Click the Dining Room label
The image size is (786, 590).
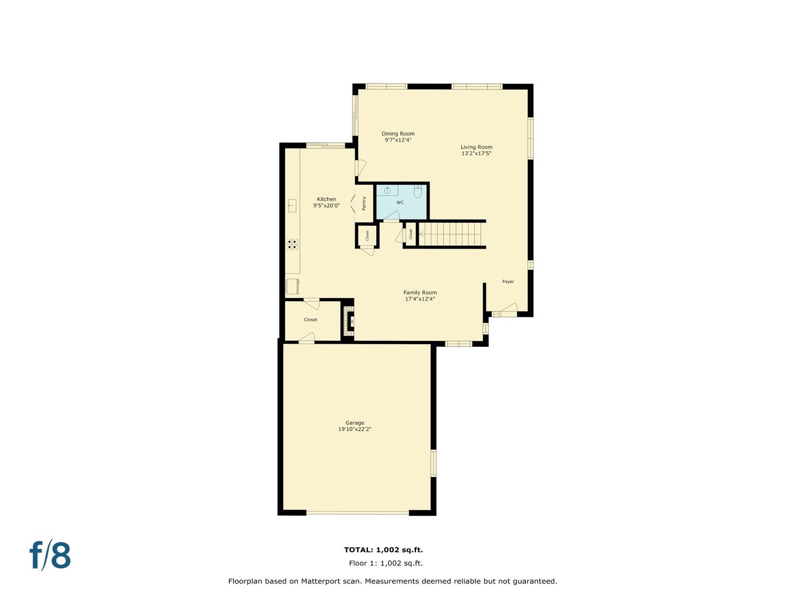click(x=397, y=134)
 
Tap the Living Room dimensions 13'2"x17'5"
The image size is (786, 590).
click(x=476, y=154)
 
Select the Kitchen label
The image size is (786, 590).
click(x=326, y=199)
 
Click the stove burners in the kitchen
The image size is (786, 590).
click(x=293, y=244)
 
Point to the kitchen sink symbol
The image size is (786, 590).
click(x=292, y=206)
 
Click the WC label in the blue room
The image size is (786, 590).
click(x=400, y=203)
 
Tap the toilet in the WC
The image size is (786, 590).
click(x=418, y=191)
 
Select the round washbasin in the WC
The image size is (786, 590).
click(x=387, y=190)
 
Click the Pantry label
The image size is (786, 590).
click(x=364, y=203)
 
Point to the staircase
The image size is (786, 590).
click(x=452, y=234)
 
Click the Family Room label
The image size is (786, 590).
click(x=420, y=293)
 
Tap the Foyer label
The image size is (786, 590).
click(x=508, y=282)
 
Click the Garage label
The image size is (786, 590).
click(x=354, y=423)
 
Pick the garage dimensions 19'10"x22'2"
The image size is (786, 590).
click(x=354, y=429)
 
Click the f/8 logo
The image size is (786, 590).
click(x=50, y=555)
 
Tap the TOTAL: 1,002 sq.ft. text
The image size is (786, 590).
click(x=383, y=550)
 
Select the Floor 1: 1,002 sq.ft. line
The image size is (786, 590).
click(x=385, y=563)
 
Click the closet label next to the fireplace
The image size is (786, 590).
click(x=310, y=320)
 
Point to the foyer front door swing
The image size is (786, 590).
click(x=508, y=309)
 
